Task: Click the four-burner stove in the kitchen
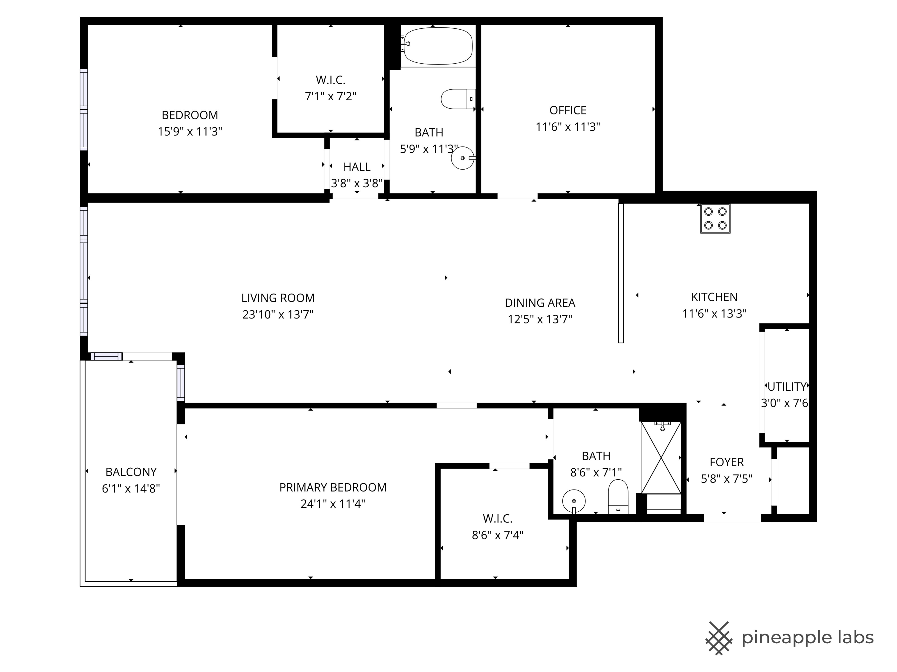pyautogui.click(x=715, y=218)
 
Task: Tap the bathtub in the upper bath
pyautogui.click(x=438, y=46)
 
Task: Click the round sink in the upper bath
pyautogui.click(x=462, y=158)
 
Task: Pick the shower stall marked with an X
pyautogui.click(x=661, y=458)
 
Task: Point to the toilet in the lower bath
pyautogui.click(x=618, y=497)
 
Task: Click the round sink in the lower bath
pyautogui.click(x=574, y=501)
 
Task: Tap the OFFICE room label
pyautogui.click(x=568, y=110)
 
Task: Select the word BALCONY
pyautogui.click(x=131, y=472)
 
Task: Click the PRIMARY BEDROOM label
pyautogui.click(x=332, y=487)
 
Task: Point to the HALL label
pyautogui.click(x=357, y=167)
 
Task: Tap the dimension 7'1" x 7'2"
pyautogui.click(x=330, y=96)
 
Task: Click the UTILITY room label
pyautogui.click(x=787, y=386)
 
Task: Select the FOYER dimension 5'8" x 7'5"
pyautogui.click(x=727, y=479)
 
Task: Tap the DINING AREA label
pyautogui.click(x=540, y=303)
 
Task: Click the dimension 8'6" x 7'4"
pyautogui.click(x=498, y=535)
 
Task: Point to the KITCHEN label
pyautogui.click(x=714, y=297)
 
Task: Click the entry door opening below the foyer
pyautogui.click(x=732, y=518)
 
